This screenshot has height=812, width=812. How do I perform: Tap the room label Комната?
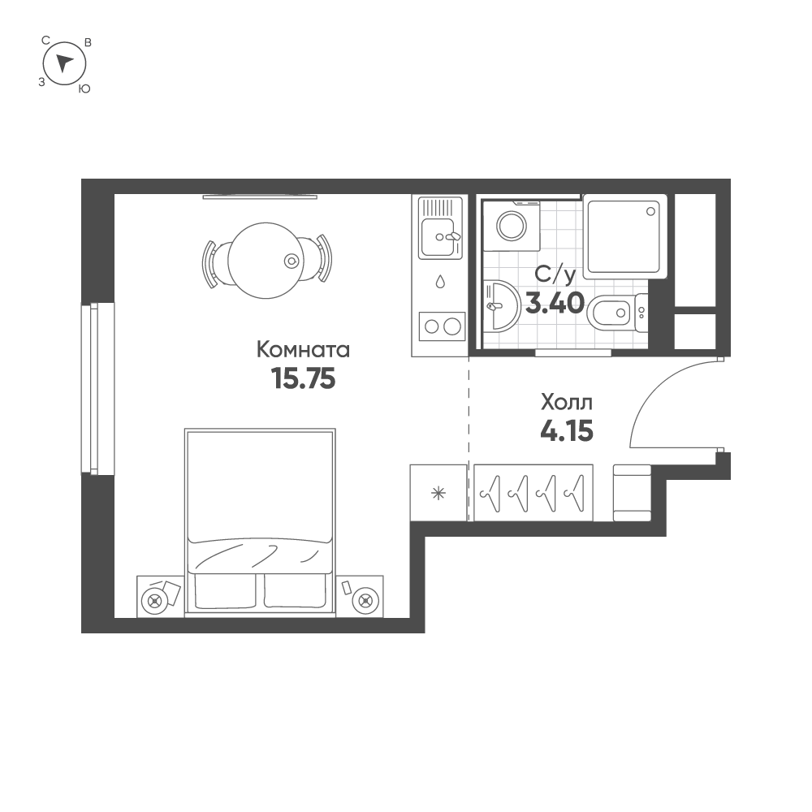click(x=303, y=350)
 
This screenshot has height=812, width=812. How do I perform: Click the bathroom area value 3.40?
click(x=555, y=304)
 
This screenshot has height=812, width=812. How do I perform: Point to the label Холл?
click(x=567, y=402)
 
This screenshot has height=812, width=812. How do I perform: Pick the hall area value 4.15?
click(x=567, y=430)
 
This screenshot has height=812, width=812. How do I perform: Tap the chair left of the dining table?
click(x=210, y=261)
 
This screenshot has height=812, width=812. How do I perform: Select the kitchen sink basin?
click(x=437, y=237)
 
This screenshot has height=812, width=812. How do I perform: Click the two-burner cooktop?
click(x=440, y=327)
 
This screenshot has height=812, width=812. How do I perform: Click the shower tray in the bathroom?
click(x=624, y=234)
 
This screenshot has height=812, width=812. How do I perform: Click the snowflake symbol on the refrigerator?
click(x=438, y=493)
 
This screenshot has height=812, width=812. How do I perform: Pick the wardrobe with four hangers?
click(x=533, y=492)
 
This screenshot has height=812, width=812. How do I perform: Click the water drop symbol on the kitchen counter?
click(x=439, y=282)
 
